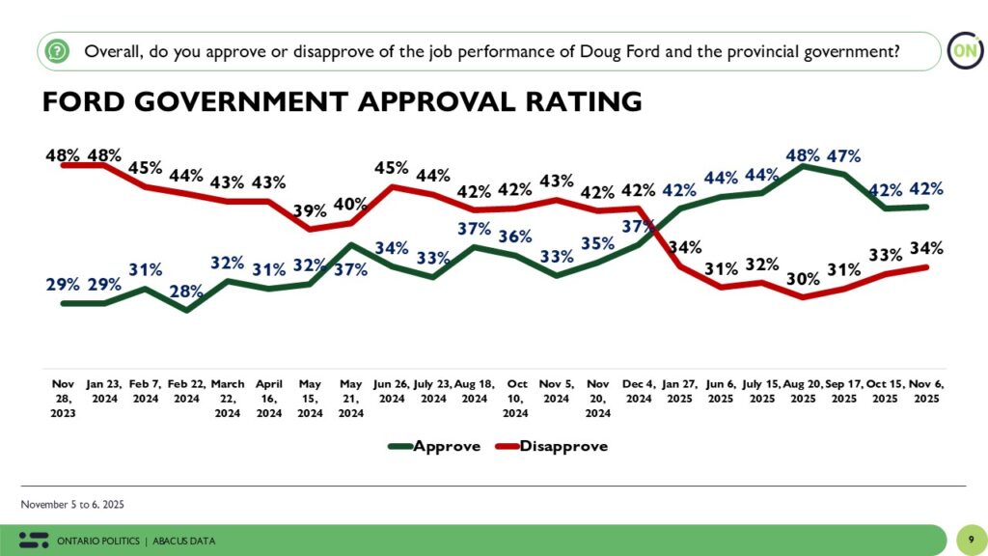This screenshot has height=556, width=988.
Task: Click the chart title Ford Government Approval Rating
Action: pyautogui.click(x=342, y=101)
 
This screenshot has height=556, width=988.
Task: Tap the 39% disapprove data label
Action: pyautogui.click(x=309, y=211)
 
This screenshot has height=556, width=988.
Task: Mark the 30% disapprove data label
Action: pyautogui.click(x=802, y=279)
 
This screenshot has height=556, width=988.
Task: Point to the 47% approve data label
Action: pyautogui.click(x=843, y=155)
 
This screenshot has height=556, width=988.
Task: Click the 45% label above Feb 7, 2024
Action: pyautogui.click(x=147, y=168)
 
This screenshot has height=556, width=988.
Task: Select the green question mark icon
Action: pyautogui.click(x=59, y=50)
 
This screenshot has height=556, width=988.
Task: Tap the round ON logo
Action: pyautogui.click(x=963, y=50)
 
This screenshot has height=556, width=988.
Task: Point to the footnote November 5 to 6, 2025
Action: pyautogui.click(x=72, y=505)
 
